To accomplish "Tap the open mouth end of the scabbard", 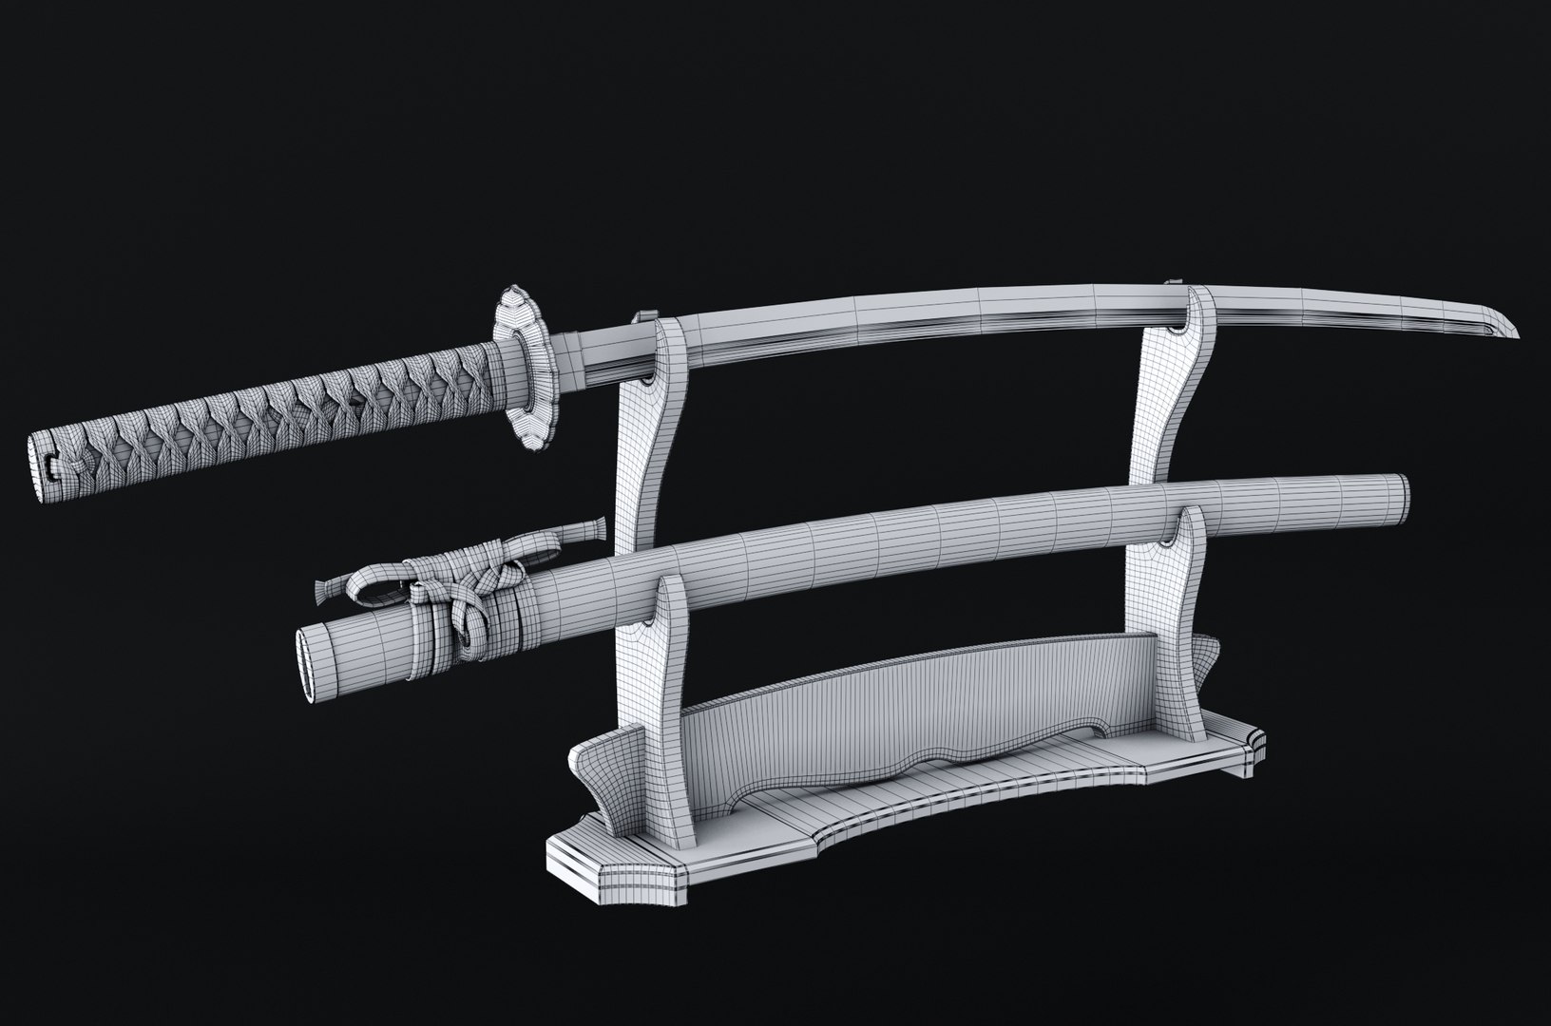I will click(308, 669).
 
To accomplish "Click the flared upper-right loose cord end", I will click(593, 528).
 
